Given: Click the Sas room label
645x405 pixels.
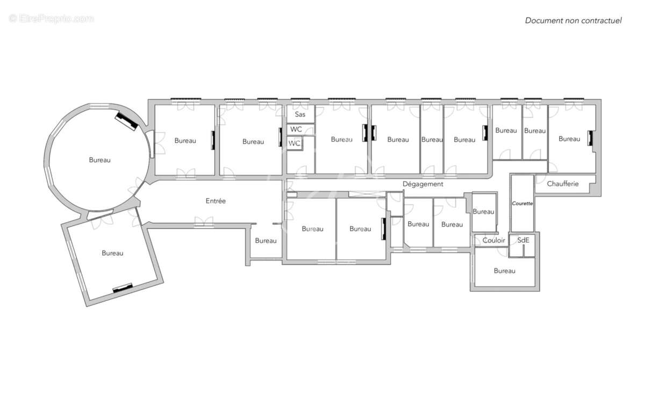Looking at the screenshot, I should pos(300,114).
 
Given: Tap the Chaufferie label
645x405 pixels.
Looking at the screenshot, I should pos(563,184).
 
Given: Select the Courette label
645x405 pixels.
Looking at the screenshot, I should pos(522,204).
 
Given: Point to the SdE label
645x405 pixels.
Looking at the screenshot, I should pos(523,240).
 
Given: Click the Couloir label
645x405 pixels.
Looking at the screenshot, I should pos(493,240).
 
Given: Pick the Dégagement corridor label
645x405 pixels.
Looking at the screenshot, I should pos(423,184).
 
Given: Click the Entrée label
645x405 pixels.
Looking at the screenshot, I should pos(216,201).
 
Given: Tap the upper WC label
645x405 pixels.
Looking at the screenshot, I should pos(296,129).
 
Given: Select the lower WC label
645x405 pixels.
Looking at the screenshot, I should pos(294,143).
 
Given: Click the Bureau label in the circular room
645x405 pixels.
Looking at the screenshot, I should pos(99,160).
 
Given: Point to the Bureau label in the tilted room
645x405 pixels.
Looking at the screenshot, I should pos(112,253).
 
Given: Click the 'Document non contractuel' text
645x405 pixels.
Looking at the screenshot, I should pos(573,20).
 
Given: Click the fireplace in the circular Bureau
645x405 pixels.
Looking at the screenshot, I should pos(127,121).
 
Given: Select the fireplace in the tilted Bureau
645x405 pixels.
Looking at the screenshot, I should pos(123,287).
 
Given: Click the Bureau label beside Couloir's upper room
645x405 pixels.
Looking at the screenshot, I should pos(483,212).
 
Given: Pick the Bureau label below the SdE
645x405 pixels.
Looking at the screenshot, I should pos(504,271).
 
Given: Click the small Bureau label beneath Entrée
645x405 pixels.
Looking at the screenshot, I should pos(266,241).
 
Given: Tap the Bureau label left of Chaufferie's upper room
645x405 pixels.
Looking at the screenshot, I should pos(535,131).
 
